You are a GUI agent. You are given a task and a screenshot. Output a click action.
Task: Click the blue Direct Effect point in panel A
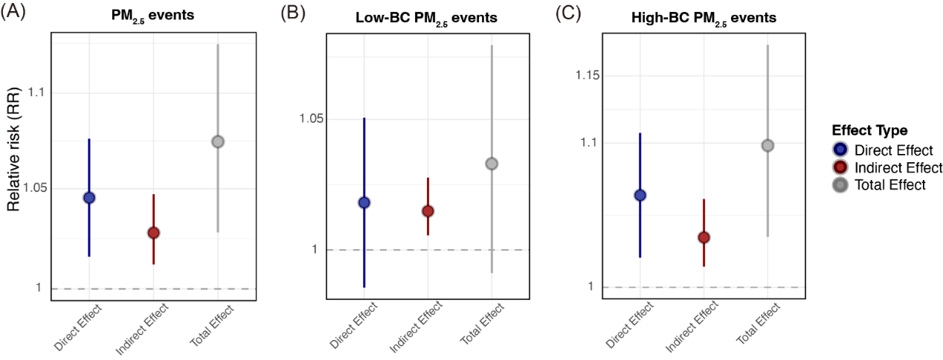pyautogui.click(x=89, y=197)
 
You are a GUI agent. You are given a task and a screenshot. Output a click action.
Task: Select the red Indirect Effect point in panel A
pyautogui.click(x=153, y=233)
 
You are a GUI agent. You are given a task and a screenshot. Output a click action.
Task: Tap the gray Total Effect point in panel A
pyautogui.click(x=218, y=141)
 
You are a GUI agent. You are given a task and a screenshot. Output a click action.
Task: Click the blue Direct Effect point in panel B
pyautogui.click(x=364, y=202)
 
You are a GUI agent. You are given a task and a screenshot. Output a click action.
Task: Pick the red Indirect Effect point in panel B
pyautogui.click(x=428, y=211)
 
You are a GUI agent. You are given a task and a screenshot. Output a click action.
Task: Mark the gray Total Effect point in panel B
pyautogui.click(x=492, y=164)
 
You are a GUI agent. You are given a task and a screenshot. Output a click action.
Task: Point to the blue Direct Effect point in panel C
pyautogui.click(x=640, y=195)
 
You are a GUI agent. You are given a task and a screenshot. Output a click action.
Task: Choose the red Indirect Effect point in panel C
pyautogui.click(x=704, y=237)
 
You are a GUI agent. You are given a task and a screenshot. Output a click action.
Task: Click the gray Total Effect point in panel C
pyautogui.click(x=767, y=145)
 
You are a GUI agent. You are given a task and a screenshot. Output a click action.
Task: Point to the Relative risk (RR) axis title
pyautogui.click(x=14, y=158)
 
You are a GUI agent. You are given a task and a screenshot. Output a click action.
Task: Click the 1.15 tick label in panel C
pyautogui.click(x=589, y=76)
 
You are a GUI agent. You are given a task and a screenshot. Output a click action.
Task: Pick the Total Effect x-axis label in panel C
pyautogui.click(x=755, y=324)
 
